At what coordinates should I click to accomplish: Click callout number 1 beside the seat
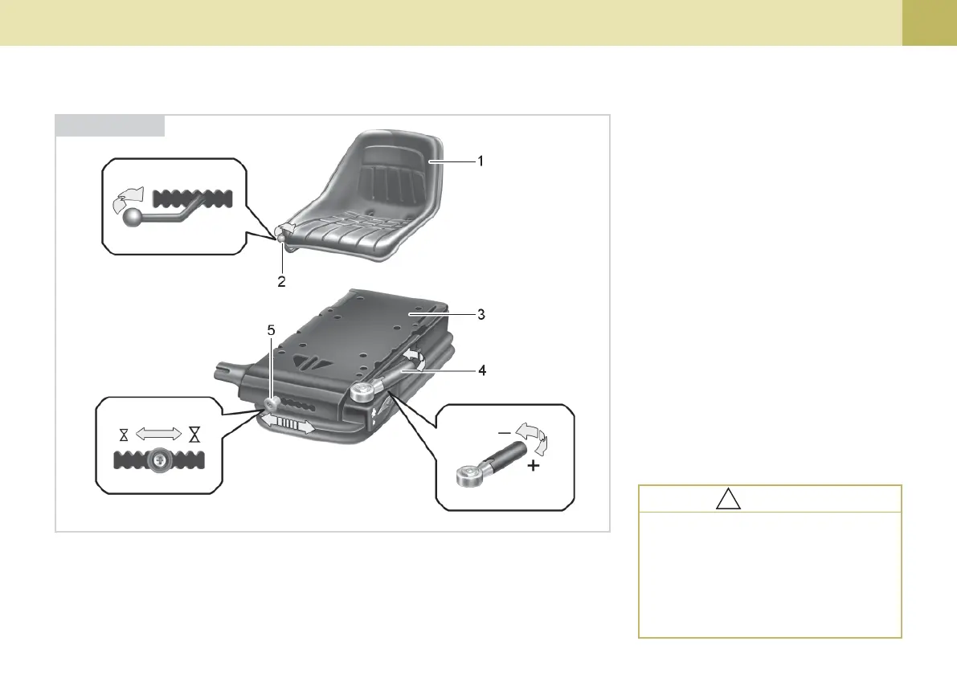tap(480, 161)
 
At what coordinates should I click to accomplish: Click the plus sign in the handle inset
tap(531, 466)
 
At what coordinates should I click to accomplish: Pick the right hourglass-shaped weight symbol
tap(194, 435)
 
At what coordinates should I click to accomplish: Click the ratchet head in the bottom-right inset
tap(468, 475)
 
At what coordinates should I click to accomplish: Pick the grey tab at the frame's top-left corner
tap(110, 125)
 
